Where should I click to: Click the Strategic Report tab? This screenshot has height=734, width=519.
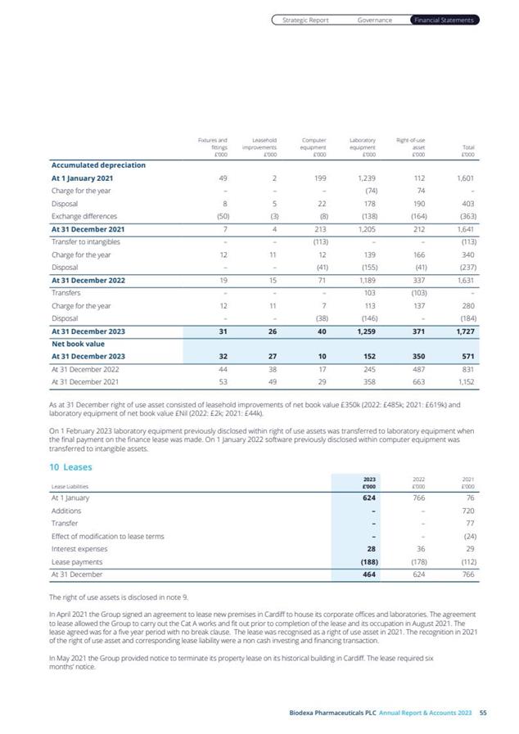(305, 20)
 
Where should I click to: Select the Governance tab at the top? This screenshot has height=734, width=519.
(374, 20)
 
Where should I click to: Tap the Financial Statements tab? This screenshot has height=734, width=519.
(444, 20)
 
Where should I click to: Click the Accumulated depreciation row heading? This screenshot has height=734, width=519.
(98, 164)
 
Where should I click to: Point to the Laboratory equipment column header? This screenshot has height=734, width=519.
(363, 147)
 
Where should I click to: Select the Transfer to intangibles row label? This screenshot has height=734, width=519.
(85, 241)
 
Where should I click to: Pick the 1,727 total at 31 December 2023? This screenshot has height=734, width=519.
(463, 331)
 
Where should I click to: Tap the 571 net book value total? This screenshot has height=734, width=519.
(467, 356)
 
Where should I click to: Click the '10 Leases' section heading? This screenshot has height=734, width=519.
(71, 467)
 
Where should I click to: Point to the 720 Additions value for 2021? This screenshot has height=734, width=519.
(467, 510)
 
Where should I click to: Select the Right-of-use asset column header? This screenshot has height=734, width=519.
(410, 147)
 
